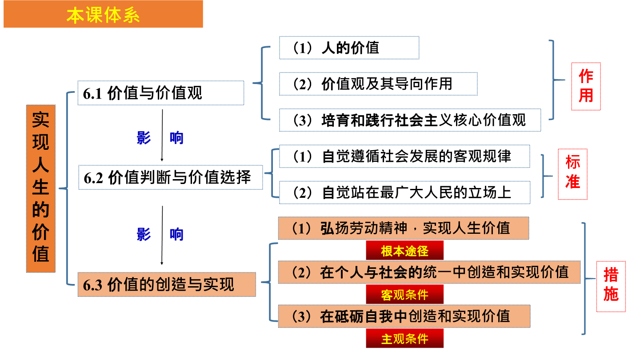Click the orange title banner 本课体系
pyautogui.click(x=103, y=14)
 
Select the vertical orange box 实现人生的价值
pyautogui.click(x=40, y=188)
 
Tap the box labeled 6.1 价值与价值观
pyautogui.click(x=161, y=93)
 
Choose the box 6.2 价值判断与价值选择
pyautogui.click(x=171, y=177)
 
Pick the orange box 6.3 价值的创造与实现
pyautogui.click(x=167, y=284)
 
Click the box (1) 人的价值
pyautogui.click(x=349, y=48)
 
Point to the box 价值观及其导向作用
pyautogui.click(x=378, y=84)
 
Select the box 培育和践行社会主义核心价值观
pyautogui.click(x=410, y=120)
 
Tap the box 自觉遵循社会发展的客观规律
pyautogui.click(x=404, y=156)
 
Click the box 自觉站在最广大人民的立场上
pyautogui.click(x=404, y=192)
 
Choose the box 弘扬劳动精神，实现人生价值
pyautogui.click(x=404, y=228)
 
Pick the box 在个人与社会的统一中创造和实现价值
pyautogui.click(x=429, y=272)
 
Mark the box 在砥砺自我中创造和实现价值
pyautogui.click(x=404, y=316)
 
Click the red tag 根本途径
pyautogui.click(x=404, y=250)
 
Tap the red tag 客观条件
pyautogui.click(x=404, y=294)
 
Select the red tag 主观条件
pyautogui.click(x=404, y=338)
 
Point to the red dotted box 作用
pyautogui.click(x=586, y=86)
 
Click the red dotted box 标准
pyautogui.click(x=572, y=174)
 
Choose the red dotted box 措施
pyautogui.click(x=611, y=286)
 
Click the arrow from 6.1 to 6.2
pyautogui.click(x=162, y=136)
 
